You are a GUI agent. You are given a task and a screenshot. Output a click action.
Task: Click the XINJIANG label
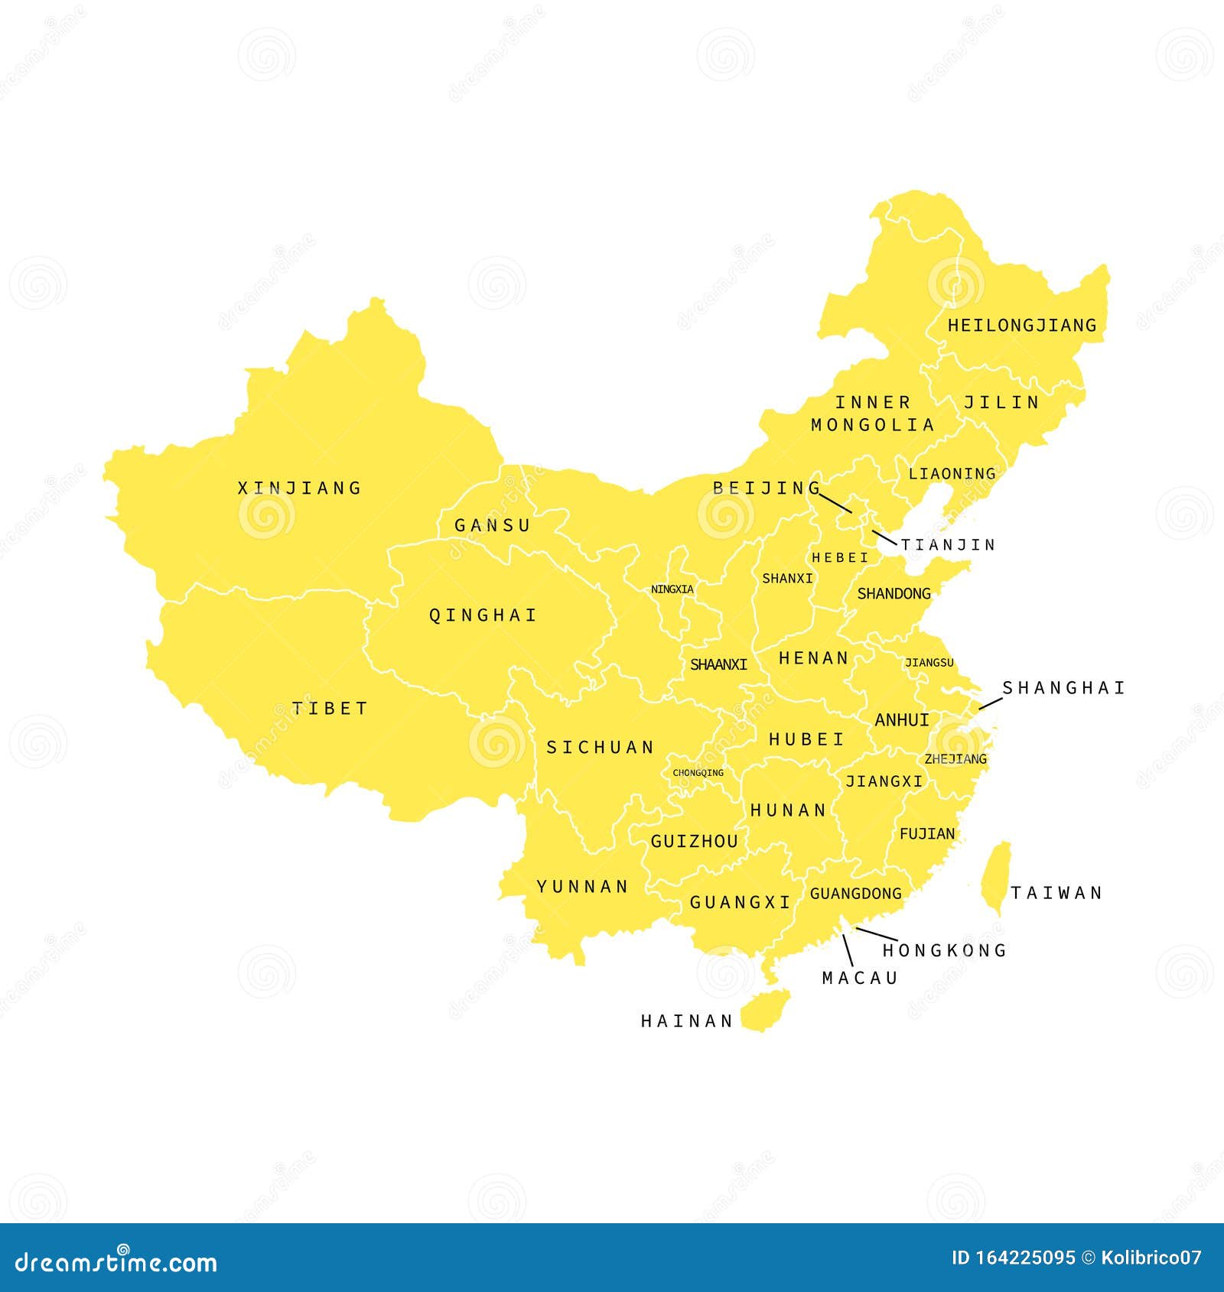(299, 488)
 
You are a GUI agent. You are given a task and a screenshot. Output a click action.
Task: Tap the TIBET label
(330, 708)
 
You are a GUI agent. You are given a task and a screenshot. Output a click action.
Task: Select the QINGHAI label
(483, 615)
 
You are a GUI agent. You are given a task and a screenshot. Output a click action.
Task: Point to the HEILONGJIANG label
(1022, 325)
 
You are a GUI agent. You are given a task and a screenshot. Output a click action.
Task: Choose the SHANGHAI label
(1063, 688)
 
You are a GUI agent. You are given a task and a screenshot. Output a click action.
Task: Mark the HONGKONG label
(945, 950)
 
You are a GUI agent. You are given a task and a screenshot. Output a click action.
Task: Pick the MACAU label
(860, 978)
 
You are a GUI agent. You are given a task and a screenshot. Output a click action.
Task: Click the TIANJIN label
(948, 544)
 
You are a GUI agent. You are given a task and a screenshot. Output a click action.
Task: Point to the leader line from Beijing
(835, 502)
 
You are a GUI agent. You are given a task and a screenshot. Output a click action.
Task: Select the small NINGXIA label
(672, 589)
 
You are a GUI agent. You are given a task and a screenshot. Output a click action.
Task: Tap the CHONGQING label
(698, 773)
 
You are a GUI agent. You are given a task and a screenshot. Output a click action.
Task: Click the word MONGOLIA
(873, 424)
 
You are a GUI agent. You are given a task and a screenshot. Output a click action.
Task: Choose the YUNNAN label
(582, 886)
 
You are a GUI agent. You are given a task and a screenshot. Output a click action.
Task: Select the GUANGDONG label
(855, 893)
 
